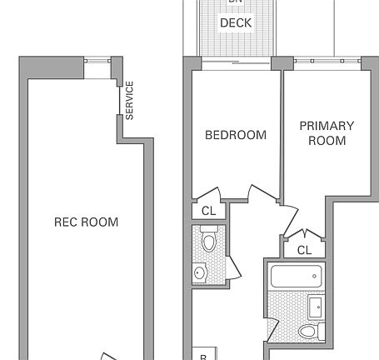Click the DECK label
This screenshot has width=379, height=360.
[x=236, y=23]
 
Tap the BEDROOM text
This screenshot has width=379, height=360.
[x=236, y=135]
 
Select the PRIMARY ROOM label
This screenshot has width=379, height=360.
[x=327, y=133]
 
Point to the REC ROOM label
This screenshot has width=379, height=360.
[x=86, y=222]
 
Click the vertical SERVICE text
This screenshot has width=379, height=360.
[x=130, y=100]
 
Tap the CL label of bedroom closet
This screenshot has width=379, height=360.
[x=208, y=212]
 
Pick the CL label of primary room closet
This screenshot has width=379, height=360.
[x=304, y=250]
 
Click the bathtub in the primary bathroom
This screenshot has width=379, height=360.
[x=294, y=275]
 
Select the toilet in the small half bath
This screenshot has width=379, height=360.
[x=208, y=242]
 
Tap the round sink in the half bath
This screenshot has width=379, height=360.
[x=201, y=272]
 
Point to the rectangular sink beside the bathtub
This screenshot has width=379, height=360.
[x=317, y=306]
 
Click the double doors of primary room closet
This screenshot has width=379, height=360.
[x=305, y=235]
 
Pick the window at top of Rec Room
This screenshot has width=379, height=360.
[x=98, y=61]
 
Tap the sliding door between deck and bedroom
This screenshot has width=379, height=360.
[x=236, y=61]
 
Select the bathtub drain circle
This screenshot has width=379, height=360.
[x=314, y=275]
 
